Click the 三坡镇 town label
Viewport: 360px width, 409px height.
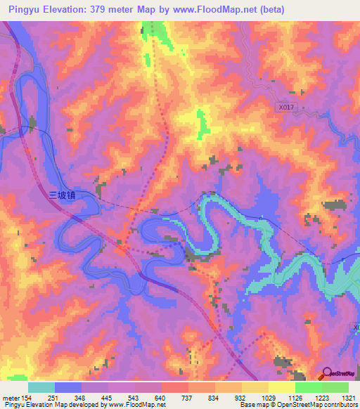point(62,197)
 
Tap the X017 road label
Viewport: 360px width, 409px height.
point(284,108)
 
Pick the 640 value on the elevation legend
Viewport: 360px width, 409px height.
point(160,397)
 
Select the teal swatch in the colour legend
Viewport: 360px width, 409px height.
point(41,387)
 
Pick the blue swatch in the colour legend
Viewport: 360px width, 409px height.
point(68,387)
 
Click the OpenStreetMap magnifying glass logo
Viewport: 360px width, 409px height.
point(326,373)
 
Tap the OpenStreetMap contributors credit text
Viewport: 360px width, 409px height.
point(313,405)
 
